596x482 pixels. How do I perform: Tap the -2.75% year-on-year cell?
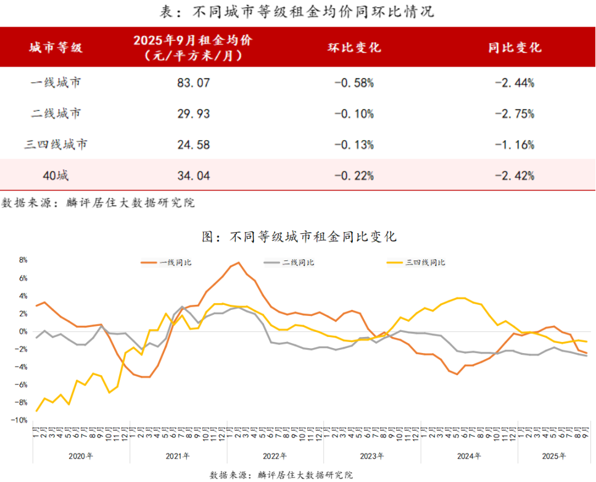click(514, 114)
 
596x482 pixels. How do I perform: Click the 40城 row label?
click(56, 176)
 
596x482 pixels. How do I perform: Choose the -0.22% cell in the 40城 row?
click(354, 176)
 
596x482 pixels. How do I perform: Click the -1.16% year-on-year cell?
click(514, 145)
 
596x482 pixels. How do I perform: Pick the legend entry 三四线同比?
click(425, 262)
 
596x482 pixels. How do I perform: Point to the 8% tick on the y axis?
click(23, 260)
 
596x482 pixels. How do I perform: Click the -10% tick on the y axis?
click(21, 420)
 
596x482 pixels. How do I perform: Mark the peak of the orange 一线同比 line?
click(238, 263)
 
